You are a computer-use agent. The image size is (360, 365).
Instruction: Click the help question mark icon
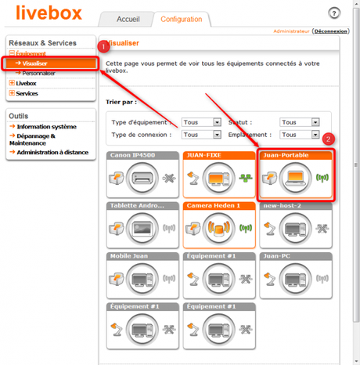(x=334, y=14)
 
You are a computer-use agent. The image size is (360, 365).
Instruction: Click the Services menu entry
(x=27, y=93)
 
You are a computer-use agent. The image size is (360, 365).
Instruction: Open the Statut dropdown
(x=299, y=122)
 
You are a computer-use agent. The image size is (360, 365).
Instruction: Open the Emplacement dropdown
(x=299, y=134)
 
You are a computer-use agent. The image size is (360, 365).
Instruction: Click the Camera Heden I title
(x=212, y=205)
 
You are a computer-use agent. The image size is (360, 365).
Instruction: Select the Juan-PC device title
(x=277, y=255)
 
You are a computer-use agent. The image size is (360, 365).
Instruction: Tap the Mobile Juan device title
(x=131, y=255)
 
